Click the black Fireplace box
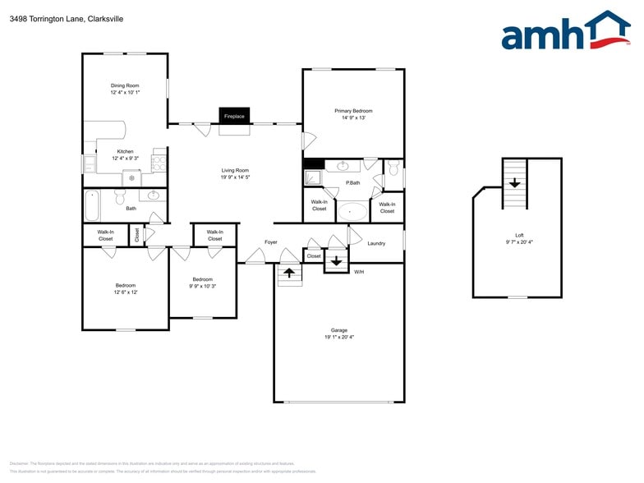coord(234,116)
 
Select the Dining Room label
coord(125,85)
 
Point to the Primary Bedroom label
coord(353,110)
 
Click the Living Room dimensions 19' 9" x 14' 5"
coord(235,177)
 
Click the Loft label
coord(517,235)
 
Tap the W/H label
coord(359,271)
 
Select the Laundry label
coord(376,243)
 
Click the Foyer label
coord(270,242)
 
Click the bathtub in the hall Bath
coord(91,205)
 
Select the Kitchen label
coord(125,151)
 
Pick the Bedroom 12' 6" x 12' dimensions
coord(125,292)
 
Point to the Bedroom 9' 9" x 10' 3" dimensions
coord(203,286)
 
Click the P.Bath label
coord(353,182)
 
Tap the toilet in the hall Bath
coord(120,196)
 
